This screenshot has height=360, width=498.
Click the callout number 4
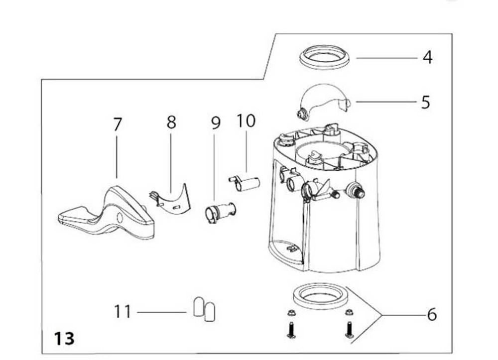(427, 57)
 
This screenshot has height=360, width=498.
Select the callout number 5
(425, 102)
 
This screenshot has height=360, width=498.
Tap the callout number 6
(432, 315)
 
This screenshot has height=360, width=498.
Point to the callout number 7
(117, 124)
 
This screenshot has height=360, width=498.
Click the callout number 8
(171, 122)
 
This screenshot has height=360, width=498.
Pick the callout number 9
(215, 123)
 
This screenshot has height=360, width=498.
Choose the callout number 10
(246, 121)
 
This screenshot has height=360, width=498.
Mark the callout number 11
(123, 312)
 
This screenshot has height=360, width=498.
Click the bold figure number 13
(64, 339)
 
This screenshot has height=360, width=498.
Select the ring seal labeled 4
(324, 57)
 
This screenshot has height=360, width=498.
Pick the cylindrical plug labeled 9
(219, 212)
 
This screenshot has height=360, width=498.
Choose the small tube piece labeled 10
(245, 183)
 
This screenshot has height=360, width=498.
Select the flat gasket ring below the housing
(319, 297)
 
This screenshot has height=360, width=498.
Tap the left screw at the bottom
(291, 329)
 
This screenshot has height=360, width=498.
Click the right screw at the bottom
(349, 329)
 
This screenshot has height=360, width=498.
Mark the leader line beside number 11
(162, 312)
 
